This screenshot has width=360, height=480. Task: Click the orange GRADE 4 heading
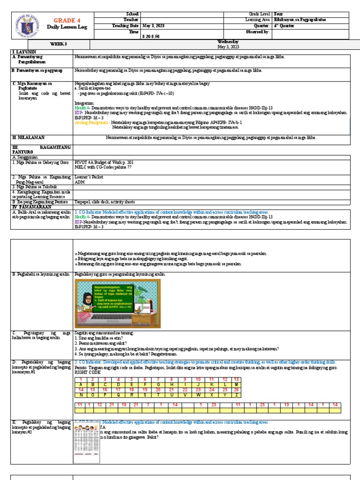tap(64, 21)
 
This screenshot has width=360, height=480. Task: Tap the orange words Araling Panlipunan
tap(90, 122)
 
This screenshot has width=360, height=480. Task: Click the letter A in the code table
tap(81, 384)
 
